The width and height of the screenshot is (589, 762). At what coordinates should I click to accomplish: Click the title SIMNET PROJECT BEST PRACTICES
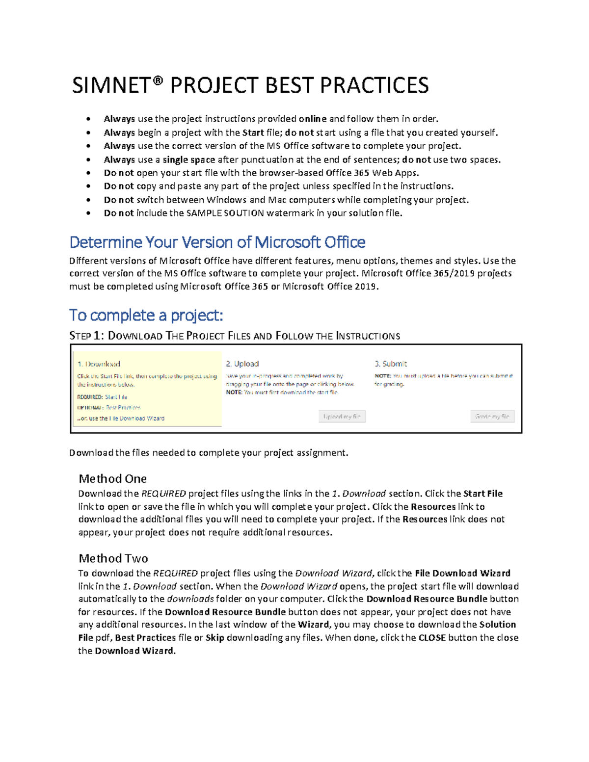[x=250, y=85]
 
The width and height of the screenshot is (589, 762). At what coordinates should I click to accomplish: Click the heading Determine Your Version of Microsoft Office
[x=217, y=242]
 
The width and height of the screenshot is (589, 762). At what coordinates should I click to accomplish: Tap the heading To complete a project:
[x=146, y=315]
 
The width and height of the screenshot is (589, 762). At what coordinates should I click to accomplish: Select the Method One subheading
[x=112, y=478]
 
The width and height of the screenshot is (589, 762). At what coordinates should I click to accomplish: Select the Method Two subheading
[x=113, y=558]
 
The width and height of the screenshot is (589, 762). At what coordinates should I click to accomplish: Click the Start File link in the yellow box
[x=116, y=397]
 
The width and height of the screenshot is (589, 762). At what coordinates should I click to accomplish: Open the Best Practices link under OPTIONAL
[x=123, y=408]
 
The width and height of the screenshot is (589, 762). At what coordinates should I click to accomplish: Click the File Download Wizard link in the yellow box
[x=136, y=419]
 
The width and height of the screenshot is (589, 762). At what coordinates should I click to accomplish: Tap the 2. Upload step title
[x=242, y=364]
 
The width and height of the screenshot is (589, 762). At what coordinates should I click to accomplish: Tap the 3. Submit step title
[x=391, y=364]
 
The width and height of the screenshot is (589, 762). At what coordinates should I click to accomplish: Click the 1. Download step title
[x=99, y=364]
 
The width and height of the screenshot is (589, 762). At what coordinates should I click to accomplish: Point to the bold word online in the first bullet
[x=313, y=119]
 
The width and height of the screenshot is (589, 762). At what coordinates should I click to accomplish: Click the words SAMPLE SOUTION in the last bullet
[x=225, y=213]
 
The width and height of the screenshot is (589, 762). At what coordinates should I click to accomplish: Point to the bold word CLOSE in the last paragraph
[x=432, y=638]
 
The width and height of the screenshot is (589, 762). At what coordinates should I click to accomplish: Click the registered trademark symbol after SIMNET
[x=157, y=79]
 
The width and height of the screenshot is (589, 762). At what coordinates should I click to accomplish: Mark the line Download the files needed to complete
[x=209, y=453]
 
